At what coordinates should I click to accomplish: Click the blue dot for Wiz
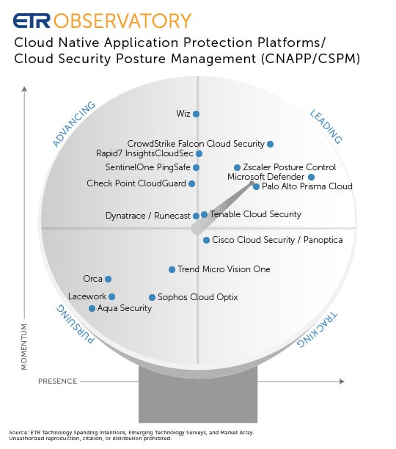point(196,114)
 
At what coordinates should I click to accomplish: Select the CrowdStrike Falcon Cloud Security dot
point(270,144)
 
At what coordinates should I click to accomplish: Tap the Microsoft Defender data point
point(312,177)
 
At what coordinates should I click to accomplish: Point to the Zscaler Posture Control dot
point(237,167)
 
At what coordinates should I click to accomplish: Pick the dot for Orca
point(108,279)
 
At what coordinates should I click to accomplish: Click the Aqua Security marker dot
point(92,308)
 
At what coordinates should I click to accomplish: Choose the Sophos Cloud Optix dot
point(152,297)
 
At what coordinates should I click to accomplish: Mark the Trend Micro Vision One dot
point(172,269)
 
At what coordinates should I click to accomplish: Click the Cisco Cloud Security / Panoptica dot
point(206,240)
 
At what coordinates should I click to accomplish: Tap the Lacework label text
point(87,296)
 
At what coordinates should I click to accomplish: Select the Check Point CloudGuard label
point(136,183)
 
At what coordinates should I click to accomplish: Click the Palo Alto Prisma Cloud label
point(307,186)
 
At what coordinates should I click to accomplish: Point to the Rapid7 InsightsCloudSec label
point(144,153)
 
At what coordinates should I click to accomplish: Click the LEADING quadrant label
point(326,126)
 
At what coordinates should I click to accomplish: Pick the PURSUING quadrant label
point(75,324)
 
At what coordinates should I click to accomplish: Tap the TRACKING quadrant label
point(317,329)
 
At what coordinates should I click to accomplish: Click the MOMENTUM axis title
point(24,347)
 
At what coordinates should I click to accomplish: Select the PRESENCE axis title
point(57,382)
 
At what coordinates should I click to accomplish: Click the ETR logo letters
point(32,21)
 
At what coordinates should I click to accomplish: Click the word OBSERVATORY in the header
point(122,21)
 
